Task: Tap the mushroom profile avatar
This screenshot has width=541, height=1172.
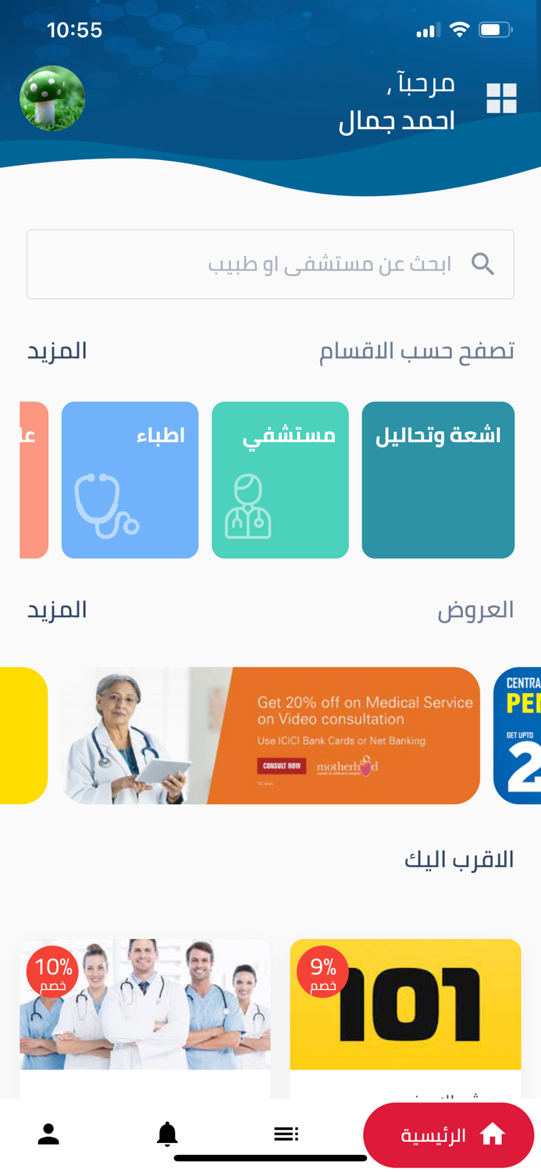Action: coord(52,98)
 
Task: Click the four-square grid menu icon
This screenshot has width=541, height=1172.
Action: coord(501,98)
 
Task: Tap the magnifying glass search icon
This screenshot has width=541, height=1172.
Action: coord(483,264)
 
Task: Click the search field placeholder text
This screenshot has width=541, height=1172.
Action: coord(329,264)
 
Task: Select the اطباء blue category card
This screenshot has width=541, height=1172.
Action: coord(130,480)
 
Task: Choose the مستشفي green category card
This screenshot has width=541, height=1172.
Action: coord(279,480)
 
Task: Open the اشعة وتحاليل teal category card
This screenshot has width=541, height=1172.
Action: coord(438,480)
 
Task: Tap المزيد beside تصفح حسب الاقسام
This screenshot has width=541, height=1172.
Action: coord(57,351)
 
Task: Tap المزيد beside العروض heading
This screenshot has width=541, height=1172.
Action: coord(57,609)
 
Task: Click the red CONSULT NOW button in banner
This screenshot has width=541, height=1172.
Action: coord(281,766)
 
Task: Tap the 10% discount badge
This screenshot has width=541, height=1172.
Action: coord(53,972)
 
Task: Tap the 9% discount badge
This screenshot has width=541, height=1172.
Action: coord(322,972)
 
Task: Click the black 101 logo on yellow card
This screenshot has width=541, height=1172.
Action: coord(411,1004)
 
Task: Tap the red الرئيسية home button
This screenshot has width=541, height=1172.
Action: coord(449,1135)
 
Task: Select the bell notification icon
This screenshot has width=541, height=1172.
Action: coord(167,1134)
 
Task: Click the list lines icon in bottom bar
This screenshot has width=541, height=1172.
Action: coord(286,1134)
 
